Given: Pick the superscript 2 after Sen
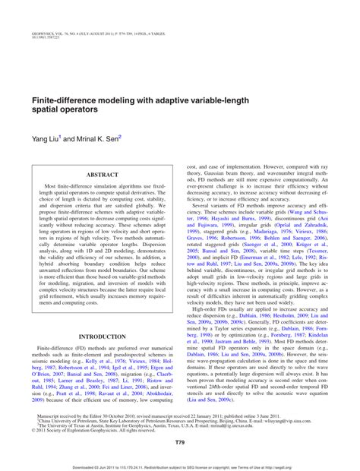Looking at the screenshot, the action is [120, 137].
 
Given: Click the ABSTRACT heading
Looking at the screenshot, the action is [103, 174].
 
